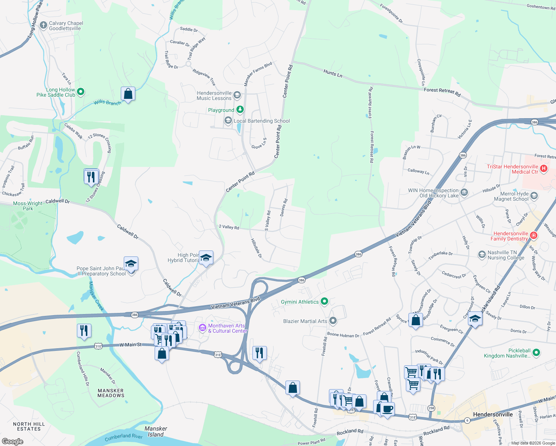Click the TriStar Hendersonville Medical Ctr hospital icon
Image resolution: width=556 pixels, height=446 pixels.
click(x=544, y=169)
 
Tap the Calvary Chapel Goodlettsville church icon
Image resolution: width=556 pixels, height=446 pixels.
click(x=43, y=26)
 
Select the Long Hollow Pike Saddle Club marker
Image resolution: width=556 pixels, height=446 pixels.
click(x=81, y=92)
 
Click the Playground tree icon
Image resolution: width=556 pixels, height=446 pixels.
click(x=240, y=110)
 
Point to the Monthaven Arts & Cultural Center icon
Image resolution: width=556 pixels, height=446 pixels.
click(x=203, y=328)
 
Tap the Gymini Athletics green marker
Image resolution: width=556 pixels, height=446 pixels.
click(x=324, y=301)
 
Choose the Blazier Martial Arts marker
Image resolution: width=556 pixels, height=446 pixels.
click(x=333, y=320)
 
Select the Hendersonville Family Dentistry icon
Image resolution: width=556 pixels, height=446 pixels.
click(x=534, y=236)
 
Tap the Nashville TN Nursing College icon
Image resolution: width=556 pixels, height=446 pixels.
click(x=482, y=255)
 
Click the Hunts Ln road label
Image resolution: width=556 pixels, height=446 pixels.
click(x=333, y=73)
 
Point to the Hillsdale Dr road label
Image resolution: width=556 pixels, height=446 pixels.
click(x=256, y=248)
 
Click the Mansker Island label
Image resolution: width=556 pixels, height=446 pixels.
click(x=156, y=432)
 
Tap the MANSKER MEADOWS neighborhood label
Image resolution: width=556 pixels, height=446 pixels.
click(x=111, y=393)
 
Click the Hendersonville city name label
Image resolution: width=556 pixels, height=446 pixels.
click(x=492, y=414)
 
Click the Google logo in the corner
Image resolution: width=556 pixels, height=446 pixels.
click(x=12, y=442)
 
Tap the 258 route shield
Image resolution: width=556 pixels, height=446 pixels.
click(x=431, y=408)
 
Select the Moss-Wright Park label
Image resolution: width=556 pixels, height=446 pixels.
click(x=28, y=206)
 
